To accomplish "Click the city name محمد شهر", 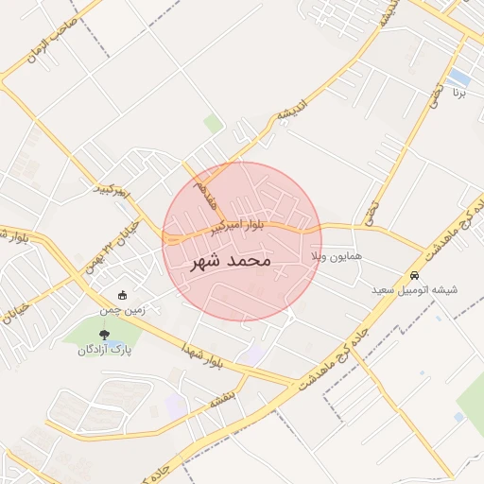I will point(231,259).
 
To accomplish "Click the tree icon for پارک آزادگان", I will point(104,334).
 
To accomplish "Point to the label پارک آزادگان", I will point(104,351).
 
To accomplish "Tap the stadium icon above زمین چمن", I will point(123,294).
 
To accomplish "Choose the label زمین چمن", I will point(123,308).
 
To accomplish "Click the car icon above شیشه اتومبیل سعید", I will point(413,275).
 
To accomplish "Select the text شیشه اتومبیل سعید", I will point(414,289).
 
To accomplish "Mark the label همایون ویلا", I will point(331,256).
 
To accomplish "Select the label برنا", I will point(458,93).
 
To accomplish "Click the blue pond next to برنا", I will point(460,76).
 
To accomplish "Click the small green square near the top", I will point(214,124).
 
